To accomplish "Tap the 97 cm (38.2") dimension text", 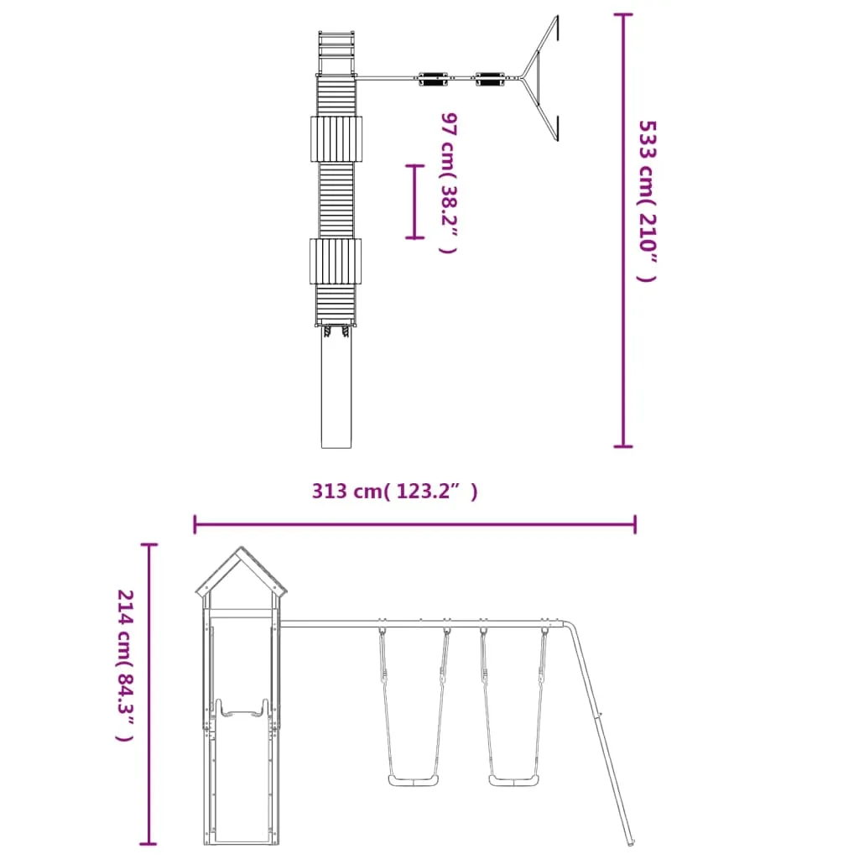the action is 449,183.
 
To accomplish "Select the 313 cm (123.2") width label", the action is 394,491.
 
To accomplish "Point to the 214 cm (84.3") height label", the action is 126,665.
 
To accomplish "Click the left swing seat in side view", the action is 413,780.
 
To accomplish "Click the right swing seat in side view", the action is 514,780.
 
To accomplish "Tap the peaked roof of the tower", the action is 241,572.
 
